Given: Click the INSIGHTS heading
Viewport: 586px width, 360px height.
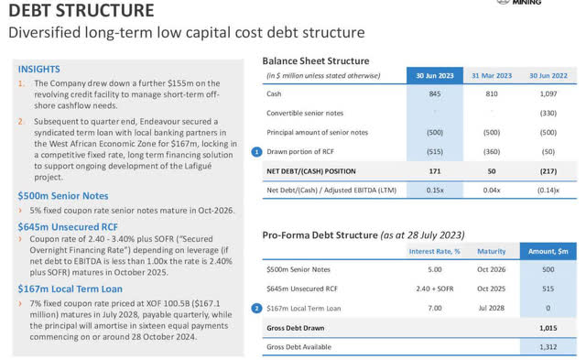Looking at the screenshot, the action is pyautogui.click(x=38, y=69).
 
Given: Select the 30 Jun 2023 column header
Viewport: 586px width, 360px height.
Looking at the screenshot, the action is pyautogui.click(x=435, y=75).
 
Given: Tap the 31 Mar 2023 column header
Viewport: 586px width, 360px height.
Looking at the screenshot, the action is pyautogui.click(x=492, y=75).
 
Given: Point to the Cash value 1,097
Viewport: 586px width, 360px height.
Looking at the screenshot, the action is pyautogui.click(x=548, y=93).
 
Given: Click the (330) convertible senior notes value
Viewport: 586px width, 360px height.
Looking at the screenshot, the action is pyautogui.click(x=548, y=113).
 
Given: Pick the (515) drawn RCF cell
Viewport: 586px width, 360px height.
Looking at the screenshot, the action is pyautogui.click(x=435, y=151).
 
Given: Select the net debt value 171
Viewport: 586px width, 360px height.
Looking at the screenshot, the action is pyautogui.click(x=435, y=171).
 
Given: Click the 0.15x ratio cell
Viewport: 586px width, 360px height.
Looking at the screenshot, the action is pyautogui.click(x=435, y=190).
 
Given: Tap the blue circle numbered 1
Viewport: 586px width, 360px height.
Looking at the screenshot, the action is pyautogui.click(x=256, y=152).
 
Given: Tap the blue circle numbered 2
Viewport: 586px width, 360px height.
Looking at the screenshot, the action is pyautogui.click(x=256, y=309).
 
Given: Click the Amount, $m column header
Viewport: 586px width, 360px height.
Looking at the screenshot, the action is pyautogui.click(x=548, y=251).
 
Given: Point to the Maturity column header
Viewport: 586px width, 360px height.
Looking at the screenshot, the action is pyautogui.click(x=491, y=251).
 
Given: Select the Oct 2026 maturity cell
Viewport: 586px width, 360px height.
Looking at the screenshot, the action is pyautogui.click(x=491, y=269).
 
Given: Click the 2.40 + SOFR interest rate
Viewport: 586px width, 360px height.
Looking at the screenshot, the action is pyautogui.click(x=435, y=289).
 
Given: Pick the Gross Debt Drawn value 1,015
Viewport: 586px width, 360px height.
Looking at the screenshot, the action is pyautogui.click(x=548, y=328).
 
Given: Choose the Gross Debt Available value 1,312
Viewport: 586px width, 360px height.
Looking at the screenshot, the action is pyautogui.click(x=548, y=347).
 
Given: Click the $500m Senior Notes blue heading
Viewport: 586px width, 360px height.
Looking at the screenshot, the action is pyautogui.click(x=63, y=196).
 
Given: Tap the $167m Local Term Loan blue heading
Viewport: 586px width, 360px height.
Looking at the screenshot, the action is pyautogui.click(x=71, y=289).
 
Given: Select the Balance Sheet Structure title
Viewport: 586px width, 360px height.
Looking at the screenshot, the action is pyautogui.click(x=315, y=61).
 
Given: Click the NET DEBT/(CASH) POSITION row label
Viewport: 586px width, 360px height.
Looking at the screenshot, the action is pyautogui.click(x=311, y=171).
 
